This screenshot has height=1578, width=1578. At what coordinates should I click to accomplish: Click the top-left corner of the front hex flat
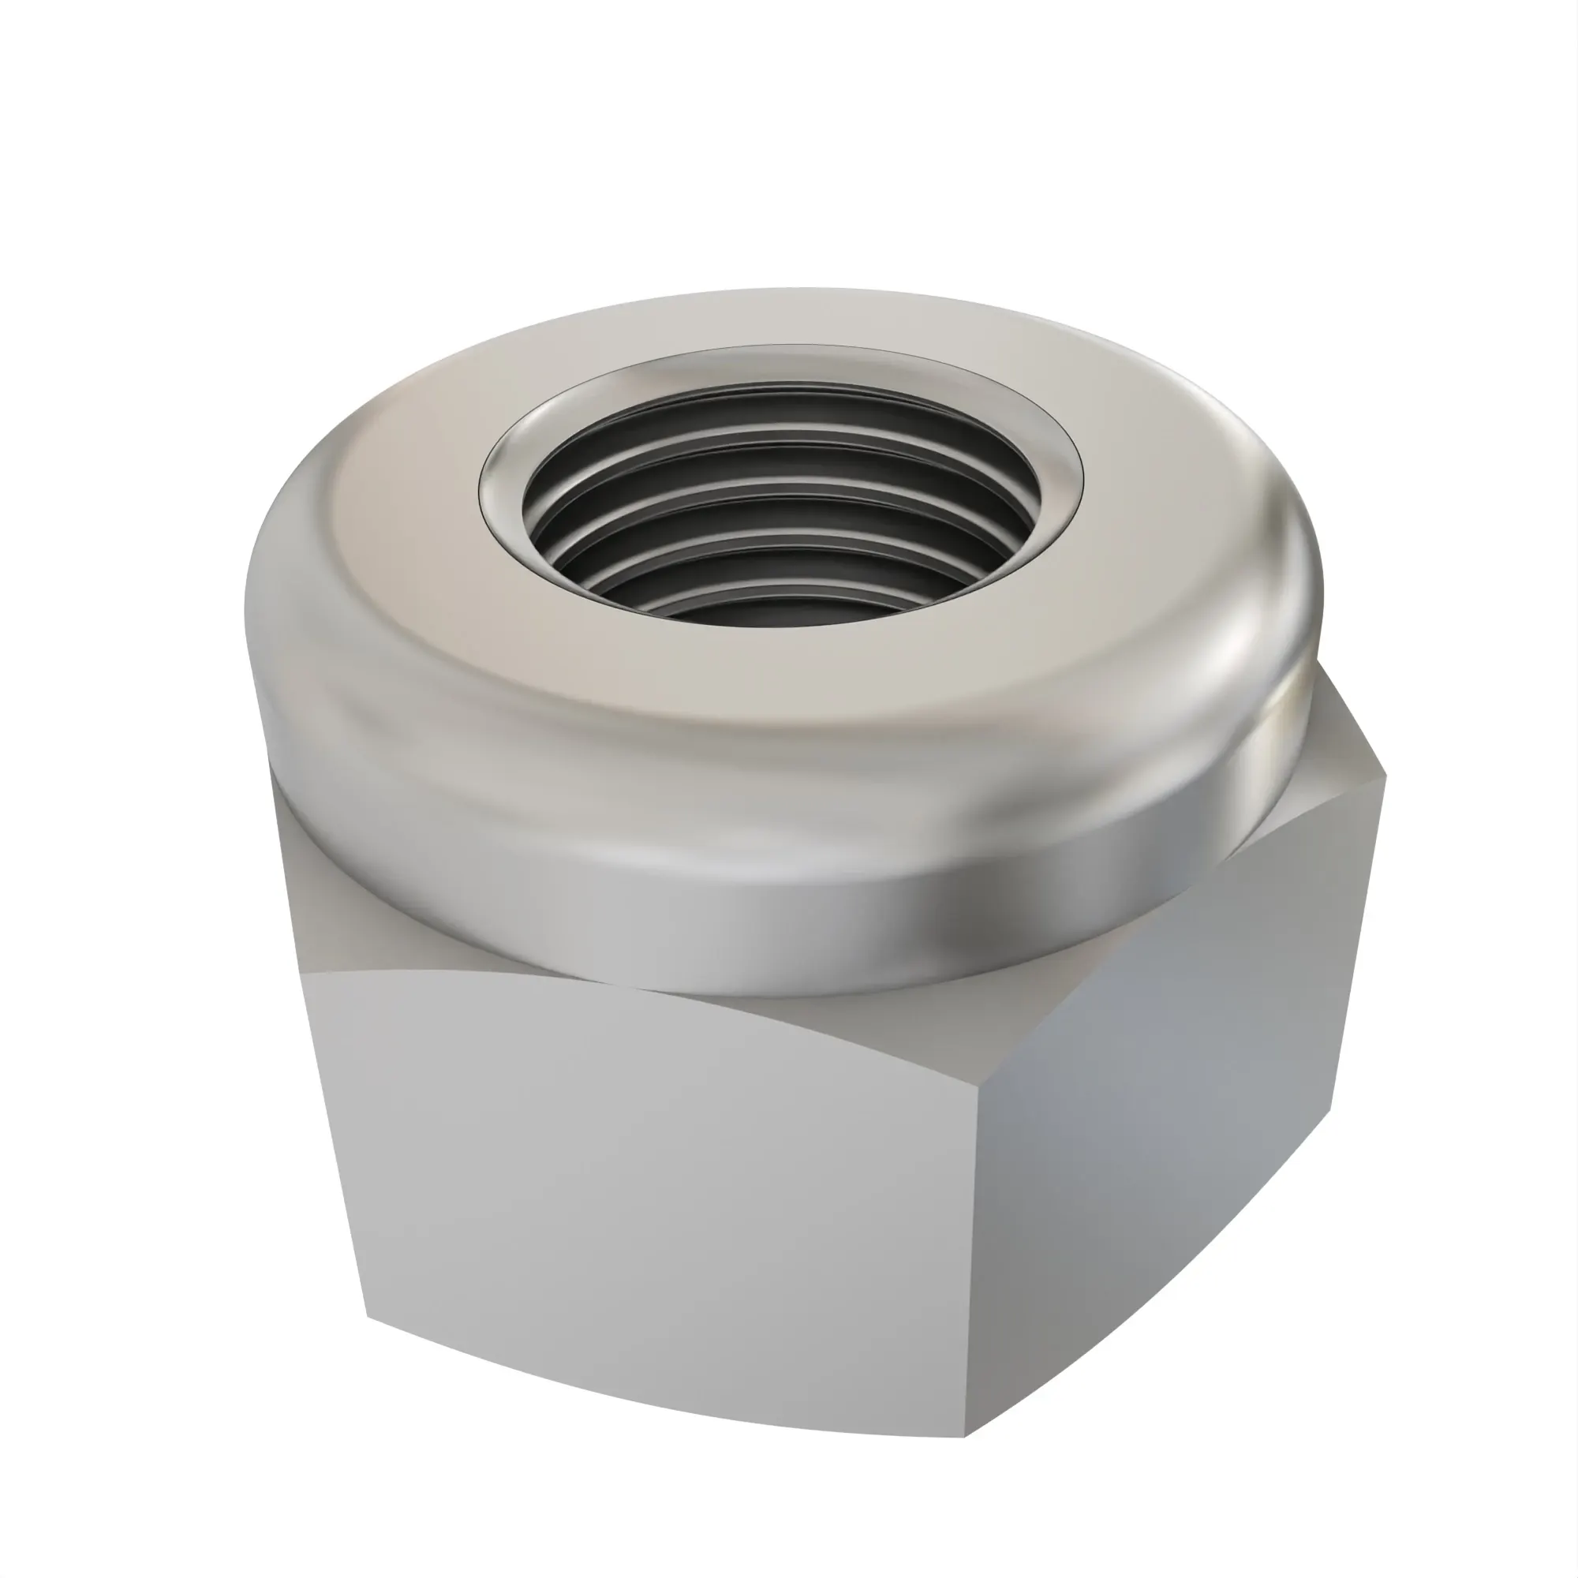pyautogui.click(x=304, y=974)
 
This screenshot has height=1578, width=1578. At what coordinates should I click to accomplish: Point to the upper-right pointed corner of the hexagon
pyautogui.click(x=1385, y=776)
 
